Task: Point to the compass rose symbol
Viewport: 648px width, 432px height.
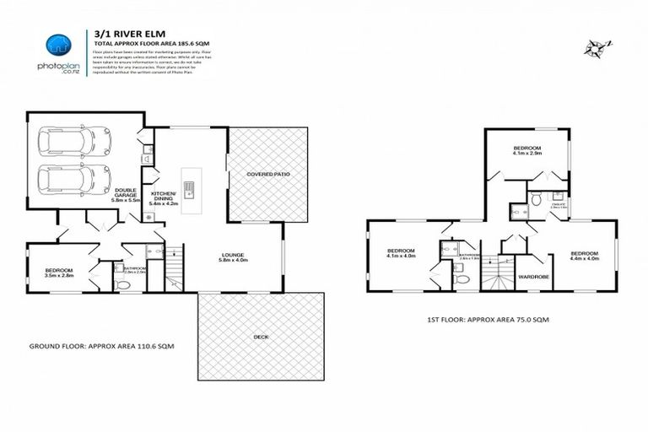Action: (x=596, y=47)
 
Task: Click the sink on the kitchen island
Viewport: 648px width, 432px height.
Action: (x=191, y=189)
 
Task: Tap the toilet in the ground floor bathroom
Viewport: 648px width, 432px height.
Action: (x=123, y=285)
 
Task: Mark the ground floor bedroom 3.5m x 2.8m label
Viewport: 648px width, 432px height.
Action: (x=59, y=273)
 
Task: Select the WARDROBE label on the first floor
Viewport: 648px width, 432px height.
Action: (x=531, y=276)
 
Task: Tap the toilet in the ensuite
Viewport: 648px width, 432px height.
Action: (x=535, y=199)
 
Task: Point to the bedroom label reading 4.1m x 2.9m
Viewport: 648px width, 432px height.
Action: (x=527, y=151)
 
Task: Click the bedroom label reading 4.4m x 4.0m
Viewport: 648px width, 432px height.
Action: (x=584, y=256)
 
